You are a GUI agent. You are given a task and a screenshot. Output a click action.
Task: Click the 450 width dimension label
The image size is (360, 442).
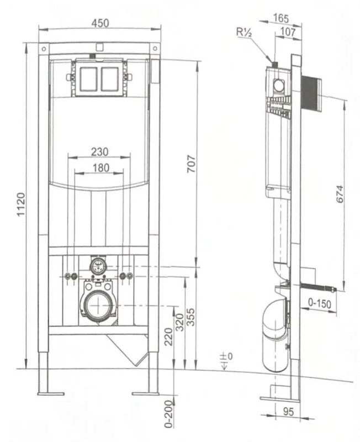100,23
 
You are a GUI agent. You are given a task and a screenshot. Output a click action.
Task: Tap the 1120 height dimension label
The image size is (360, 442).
21,204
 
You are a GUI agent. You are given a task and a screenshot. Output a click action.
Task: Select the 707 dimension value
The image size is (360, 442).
191,164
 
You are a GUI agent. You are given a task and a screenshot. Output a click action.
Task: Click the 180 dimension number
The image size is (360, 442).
101,168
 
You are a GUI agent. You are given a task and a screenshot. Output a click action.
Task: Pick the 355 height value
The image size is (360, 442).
191,317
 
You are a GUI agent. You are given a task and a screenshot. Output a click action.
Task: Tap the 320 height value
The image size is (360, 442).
179,322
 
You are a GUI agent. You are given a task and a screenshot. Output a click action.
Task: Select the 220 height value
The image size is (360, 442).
168,336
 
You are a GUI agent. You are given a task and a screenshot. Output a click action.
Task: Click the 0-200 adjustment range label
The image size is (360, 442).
168,414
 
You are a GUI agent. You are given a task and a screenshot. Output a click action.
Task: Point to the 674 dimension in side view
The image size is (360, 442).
340,194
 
